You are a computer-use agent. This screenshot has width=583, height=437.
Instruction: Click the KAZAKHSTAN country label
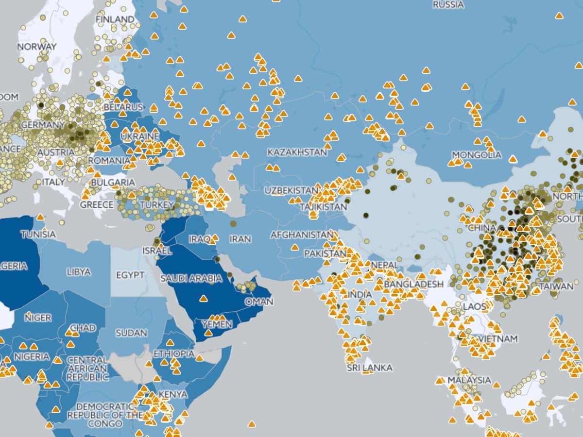tap(297, 152)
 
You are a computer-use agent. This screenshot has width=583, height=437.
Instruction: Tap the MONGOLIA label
tap(476, 155)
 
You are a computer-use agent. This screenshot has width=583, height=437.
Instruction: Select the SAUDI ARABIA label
tap(191, 279)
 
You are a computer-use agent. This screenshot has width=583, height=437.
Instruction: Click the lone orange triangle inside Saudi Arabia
tap(203, 299)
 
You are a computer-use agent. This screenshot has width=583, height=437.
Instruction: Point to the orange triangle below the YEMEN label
tap(208, 333)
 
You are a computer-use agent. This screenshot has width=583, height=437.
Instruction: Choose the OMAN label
tap(258, 302)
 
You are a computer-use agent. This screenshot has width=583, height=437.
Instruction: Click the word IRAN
tap(240, 239)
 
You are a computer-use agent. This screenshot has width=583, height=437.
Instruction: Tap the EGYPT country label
tap(130, 275)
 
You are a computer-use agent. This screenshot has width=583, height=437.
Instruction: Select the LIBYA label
tap(79, 271)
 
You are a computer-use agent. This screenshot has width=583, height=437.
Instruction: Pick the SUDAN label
tap(131, 333)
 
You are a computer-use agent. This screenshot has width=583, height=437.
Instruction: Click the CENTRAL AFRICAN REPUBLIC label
tap(87, 369)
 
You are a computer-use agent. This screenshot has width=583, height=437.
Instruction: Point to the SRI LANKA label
tap(369, 368)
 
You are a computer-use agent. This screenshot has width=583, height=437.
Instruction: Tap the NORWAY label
tap(37, 47)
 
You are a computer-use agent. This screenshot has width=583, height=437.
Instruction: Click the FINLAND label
tap(115, 19)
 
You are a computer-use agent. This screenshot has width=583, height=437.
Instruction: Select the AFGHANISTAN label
tap(302, 235)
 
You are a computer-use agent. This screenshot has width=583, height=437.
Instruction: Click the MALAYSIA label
tap(469, 379)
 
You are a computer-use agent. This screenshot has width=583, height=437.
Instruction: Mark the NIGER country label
tap(38, 318)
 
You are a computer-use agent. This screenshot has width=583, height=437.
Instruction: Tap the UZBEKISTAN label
tap(291, 190)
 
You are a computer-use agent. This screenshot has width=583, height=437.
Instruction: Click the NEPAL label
tap(384, 265)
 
